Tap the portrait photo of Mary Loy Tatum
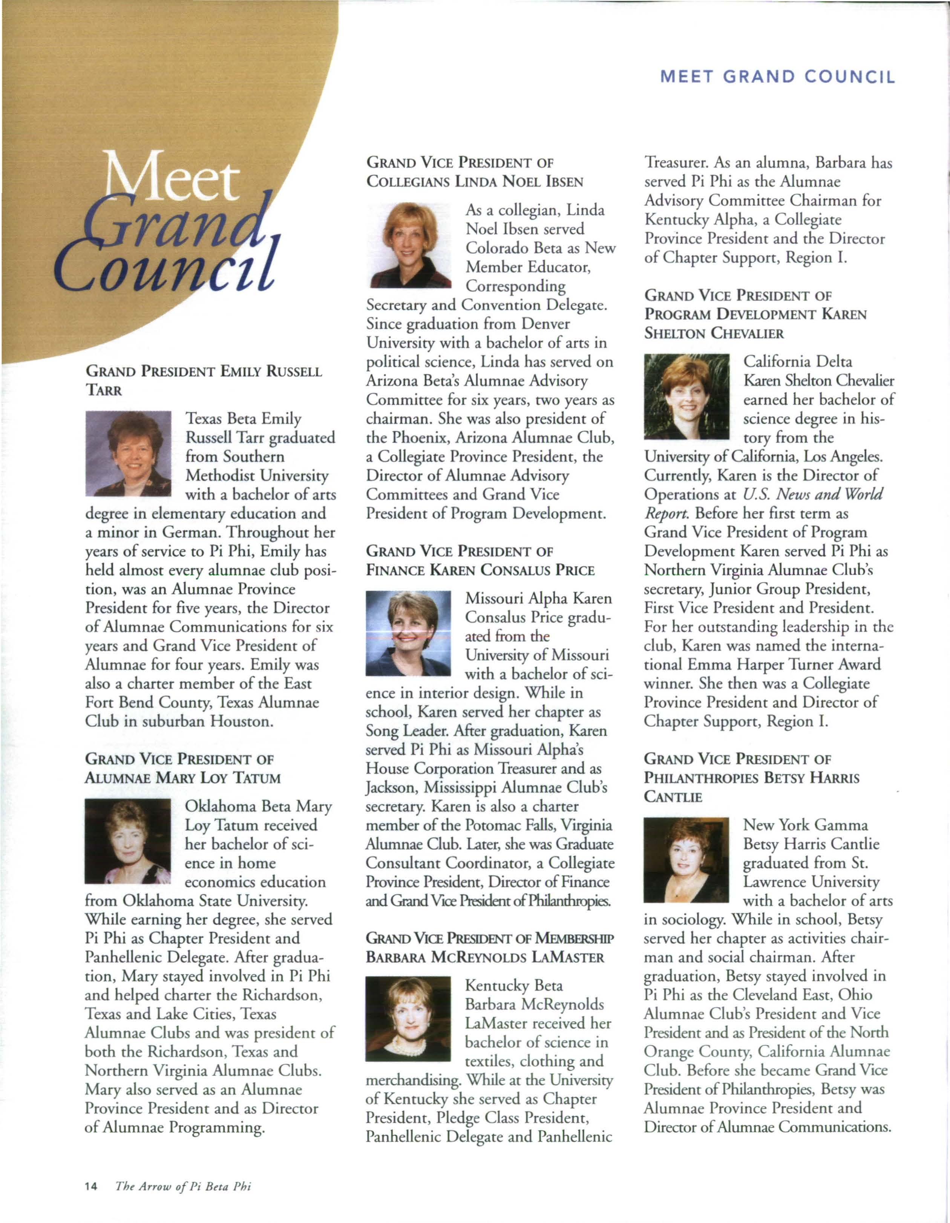pyautogui.click(x=128, y=841)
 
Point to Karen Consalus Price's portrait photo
pyautogui.click(x=408, y=633)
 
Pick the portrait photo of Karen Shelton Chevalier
pyautogui.click(x=687, y=396)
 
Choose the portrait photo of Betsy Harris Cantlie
pyautogui.click(x=687, y=859)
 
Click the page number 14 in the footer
pyautogui.click(x=91, y=1186)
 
